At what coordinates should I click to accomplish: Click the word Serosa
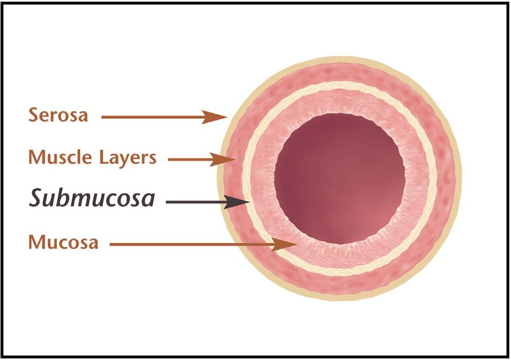[x=58, y=115]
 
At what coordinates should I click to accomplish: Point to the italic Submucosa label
[x=91, y=199]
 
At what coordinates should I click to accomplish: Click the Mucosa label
[x=63, y=242]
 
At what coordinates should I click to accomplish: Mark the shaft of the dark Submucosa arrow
[x=194, y=202]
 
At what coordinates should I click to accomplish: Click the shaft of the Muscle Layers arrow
[x=189, y=160]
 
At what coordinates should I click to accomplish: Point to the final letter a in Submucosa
[x=148, y=200]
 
